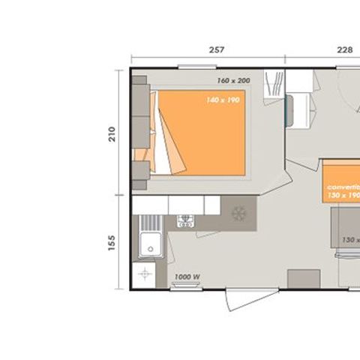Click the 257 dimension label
click(x=217, y=50)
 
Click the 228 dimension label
click(x=344, y=50)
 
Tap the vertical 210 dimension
click(x=112, y=134)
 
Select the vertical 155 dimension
click(x=112, y=243)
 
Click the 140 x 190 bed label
click(x=223, y=99)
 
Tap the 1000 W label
click(x=186, y=277)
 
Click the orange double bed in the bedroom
click(x=206, y=133)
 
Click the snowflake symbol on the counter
click(x=239, y=213)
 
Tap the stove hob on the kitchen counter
click(x=185, y=220)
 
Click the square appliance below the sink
click(x=145, y=274)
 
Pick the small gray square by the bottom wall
click(x=302, y=278)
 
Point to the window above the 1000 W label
click(x=187, y=287)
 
